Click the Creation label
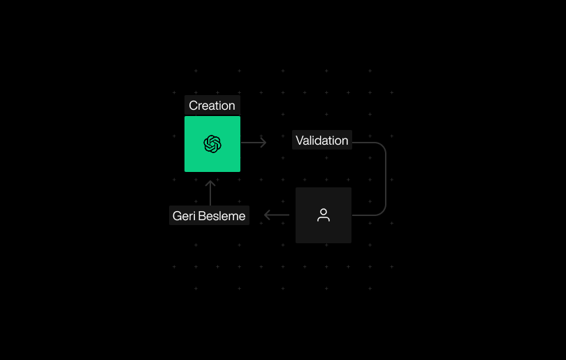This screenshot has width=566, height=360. click(x=212, y=106)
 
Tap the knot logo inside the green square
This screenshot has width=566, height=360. click(x=212, y=144)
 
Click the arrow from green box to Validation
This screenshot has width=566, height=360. click(x=254, y=143)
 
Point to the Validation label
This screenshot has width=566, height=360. click(x=321, y=141)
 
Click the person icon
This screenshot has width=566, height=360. click(x=324, y=215)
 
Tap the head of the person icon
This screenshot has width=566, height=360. click(x=324, y=211)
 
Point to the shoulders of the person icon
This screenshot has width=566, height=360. click(x=324, y=219)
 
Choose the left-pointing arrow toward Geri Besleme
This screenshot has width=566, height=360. click(x=277, y=215)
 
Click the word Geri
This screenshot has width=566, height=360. click(x=183, y=216)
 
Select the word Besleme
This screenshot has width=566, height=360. click(x=222, y=216)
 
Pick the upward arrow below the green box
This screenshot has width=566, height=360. click(x=210, y=193)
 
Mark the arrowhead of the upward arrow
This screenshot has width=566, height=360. click(x=210, y=182)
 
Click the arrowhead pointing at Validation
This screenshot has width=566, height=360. click(x=264, y=143)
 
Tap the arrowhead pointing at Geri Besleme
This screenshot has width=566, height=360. click(x=266, y=215)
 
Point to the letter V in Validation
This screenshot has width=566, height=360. click(x=300, y=141)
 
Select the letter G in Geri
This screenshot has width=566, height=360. click(x=177, y=216)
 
